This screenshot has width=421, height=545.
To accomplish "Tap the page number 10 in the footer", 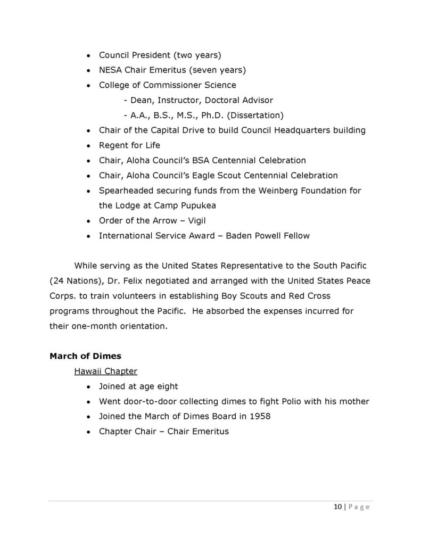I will point(330,507).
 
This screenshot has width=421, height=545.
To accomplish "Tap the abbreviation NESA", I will point(111,70).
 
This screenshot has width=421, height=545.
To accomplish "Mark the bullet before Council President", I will point(88,55).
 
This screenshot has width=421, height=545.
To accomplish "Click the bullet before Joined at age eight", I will point(88,387).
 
